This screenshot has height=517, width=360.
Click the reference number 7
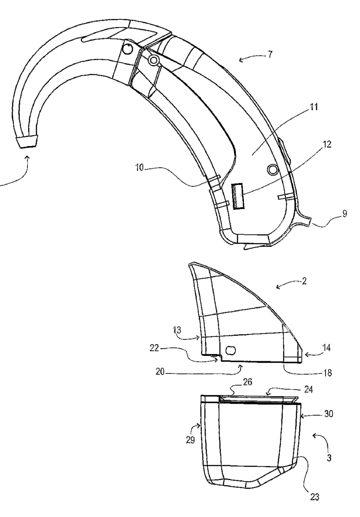coord(270,54)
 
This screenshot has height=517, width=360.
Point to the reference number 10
coord(140,167)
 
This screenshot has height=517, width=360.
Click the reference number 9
coord(345,214)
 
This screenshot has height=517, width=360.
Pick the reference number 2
coord(304,281)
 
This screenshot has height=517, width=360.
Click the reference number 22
coord(154,348)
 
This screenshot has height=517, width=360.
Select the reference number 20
coord(161,372)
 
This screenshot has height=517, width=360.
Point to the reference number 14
coord(326,347)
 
